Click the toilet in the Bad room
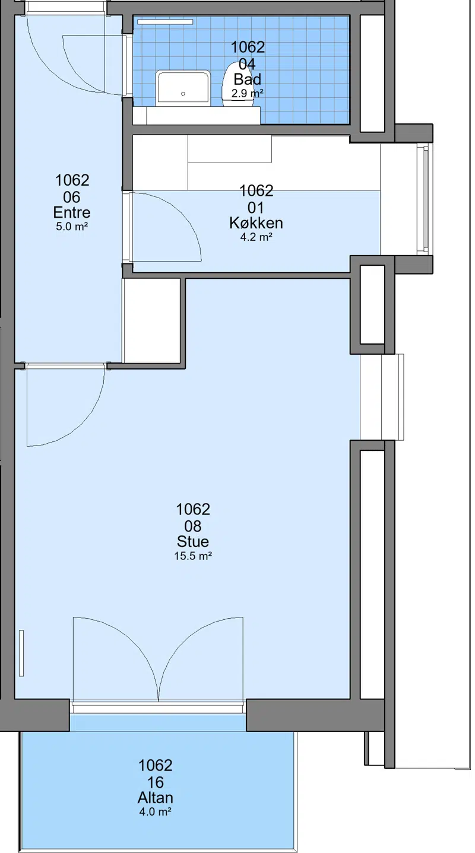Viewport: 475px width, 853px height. click(239, 85)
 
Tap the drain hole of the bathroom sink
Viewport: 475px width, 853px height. click(183, 94)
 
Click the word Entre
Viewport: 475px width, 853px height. click(72, 212)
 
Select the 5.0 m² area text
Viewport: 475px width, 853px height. click(72, 227)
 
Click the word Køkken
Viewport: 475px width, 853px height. click(256, 223)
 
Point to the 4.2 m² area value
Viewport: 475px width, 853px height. click(256, 238)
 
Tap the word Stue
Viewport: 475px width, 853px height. click(193, 542)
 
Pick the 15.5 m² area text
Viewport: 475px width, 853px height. click(193, 556)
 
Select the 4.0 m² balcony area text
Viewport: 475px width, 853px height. click(155, 812)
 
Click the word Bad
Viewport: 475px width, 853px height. click(248, 79)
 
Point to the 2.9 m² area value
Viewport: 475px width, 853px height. click(248, 94)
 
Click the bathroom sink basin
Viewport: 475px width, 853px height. click(183, 88)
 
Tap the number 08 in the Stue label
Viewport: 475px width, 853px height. click(193, 526)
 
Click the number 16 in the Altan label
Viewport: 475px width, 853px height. click(156, 782)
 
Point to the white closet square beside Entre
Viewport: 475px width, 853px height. click(151, 320)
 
